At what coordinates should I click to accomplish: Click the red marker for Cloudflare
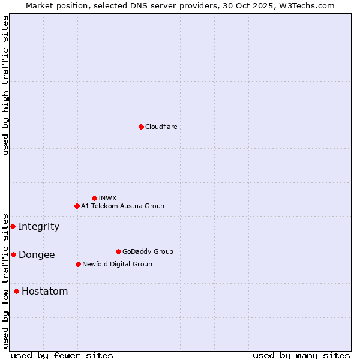141,127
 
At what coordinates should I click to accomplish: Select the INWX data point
94,198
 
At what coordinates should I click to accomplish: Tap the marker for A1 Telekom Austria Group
77,206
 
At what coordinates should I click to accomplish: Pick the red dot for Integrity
13,226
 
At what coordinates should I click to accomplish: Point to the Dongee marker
13,254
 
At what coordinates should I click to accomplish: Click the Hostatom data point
16,291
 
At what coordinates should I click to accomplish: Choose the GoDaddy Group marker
118,251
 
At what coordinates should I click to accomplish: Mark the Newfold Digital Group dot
78,264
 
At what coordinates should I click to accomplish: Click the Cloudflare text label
161,127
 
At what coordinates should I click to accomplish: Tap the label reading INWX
107,198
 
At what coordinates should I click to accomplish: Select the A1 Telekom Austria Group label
122,206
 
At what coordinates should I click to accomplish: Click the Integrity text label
38,226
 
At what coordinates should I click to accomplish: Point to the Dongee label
37,254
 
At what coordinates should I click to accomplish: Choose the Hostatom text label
44,291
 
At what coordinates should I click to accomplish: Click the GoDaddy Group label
147,251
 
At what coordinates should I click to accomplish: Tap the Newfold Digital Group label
117,264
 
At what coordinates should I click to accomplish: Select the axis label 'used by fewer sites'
62,355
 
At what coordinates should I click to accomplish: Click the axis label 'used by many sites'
301,355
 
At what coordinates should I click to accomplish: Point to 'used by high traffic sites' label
5,85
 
